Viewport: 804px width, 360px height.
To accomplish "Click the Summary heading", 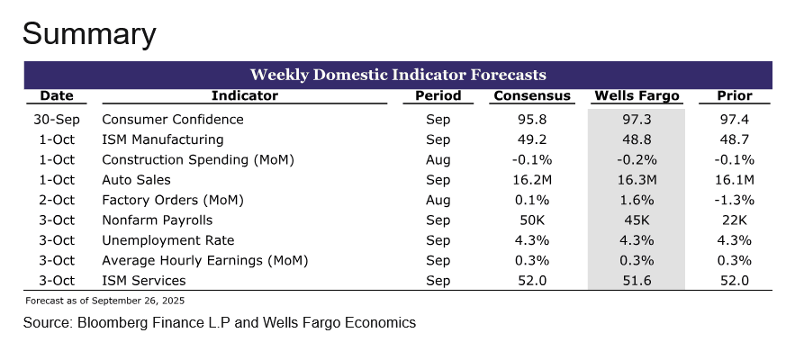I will click(x=89, y=34).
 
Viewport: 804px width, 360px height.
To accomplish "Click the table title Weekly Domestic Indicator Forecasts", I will click(x=398, y=74).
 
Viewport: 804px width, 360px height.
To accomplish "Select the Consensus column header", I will click(x=531, y=96).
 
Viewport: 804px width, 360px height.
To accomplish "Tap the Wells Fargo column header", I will click(x=637, y=96).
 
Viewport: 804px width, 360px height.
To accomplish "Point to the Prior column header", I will click(x=734, y=96).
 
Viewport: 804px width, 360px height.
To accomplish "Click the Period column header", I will click(x=438, y=96).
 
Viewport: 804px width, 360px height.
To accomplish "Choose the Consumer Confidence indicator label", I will click(x=173, y=120).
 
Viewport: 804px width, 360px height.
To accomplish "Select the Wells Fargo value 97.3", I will click(x=637, y=120).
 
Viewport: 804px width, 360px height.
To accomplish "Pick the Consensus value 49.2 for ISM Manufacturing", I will click(x=531, y=139).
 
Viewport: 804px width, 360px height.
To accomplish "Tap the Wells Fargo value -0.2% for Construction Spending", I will click(x=637, y=160).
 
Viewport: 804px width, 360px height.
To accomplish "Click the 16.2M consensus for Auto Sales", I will click(x=531, y=180).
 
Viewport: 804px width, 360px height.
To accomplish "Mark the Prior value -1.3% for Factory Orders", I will click(x=734, y=200).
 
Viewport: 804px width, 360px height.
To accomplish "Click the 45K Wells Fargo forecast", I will click(x=637, y=220).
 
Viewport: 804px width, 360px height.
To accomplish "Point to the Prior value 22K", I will click(x=734, y=220).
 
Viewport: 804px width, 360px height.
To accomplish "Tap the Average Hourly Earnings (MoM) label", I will click(x=205, y=261).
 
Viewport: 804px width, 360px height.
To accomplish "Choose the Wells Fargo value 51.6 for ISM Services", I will click(x=637, y=281).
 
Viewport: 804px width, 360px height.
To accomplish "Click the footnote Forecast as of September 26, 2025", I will click(x=105, y=300).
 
